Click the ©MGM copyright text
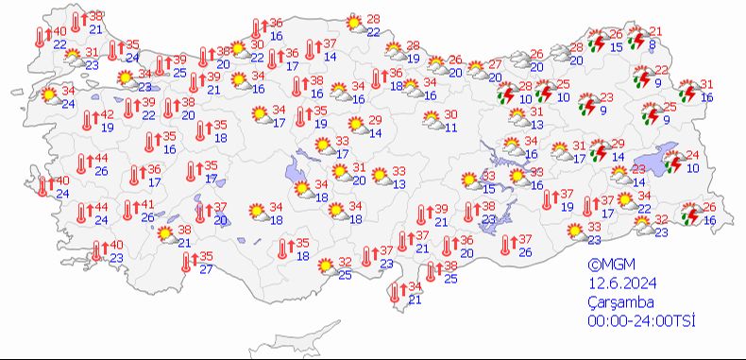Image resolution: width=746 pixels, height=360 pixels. tap(607, 266)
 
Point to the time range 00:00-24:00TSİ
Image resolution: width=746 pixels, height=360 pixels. tap(640, 321)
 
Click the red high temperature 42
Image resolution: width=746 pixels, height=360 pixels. tap(107, 114)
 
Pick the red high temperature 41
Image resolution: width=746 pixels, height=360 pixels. tap(146, 205)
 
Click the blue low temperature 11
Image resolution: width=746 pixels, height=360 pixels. tap(451, 127)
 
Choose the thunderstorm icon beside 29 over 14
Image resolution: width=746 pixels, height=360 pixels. tap(598, 150)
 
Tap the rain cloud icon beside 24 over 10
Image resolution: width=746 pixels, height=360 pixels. tap(673, 162)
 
